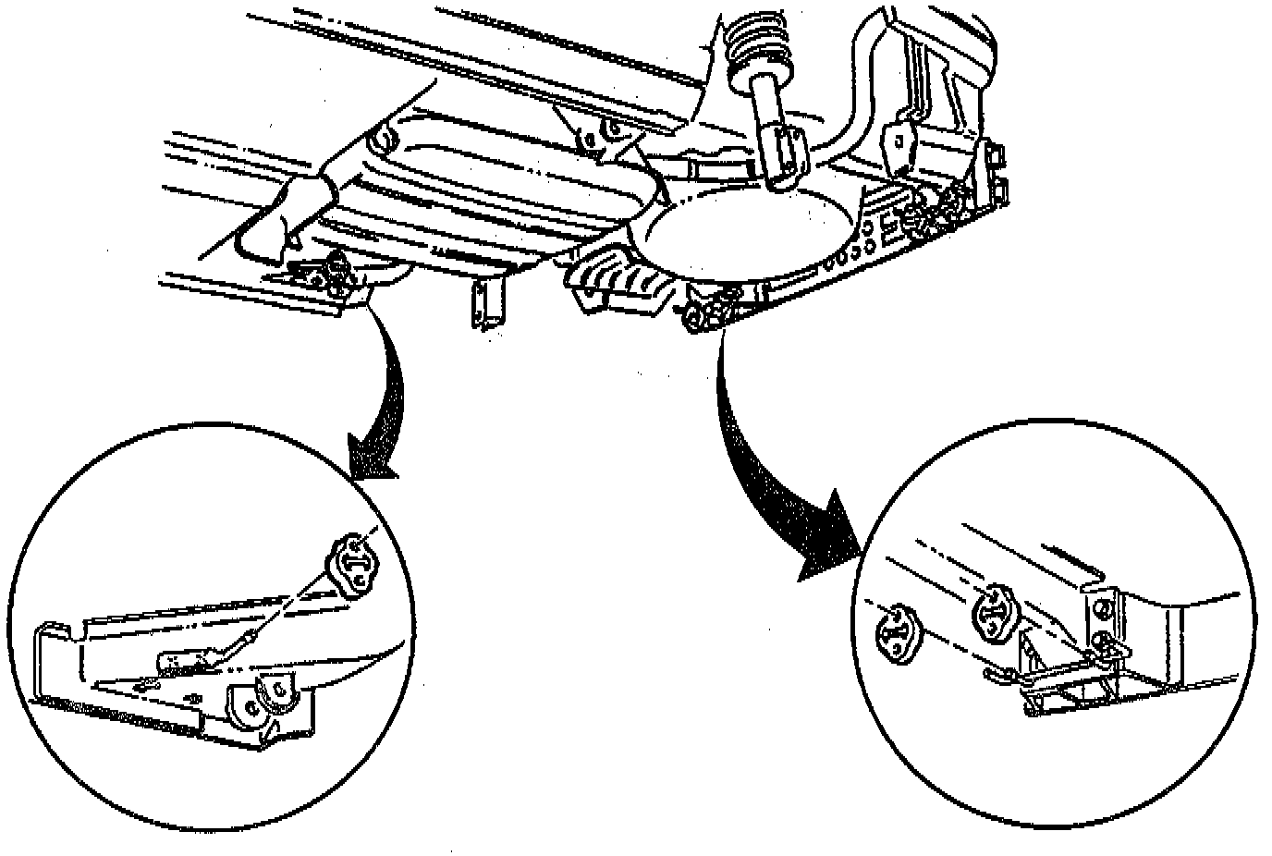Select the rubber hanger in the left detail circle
pyautogui.click(x=350, y=561)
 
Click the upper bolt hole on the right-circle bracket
pyautogui.click(x=1102, y=607)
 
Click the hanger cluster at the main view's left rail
pyautogui.click(x=328, y=273)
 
